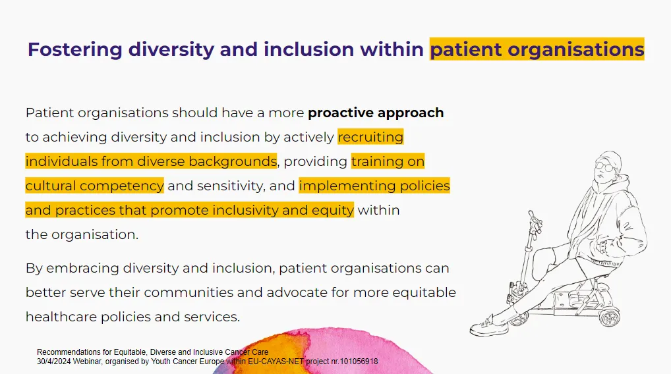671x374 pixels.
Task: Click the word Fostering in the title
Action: (75, 49)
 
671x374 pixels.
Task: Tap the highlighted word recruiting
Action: (370, 137)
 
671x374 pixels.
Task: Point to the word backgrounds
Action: (233, 161)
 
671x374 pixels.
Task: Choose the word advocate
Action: (297, 292)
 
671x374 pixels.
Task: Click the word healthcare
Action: (61, 317)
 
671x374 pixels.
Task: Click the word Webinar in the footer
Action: (87, 361)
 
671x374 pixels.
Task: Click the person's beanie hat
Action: (610, 157)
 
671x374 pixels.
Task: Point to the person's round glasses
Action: (604, 167)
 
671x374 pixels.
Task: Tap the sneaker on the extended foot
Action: (488, 327)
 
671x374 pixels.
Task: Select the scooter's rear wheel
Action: (610, 317)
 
